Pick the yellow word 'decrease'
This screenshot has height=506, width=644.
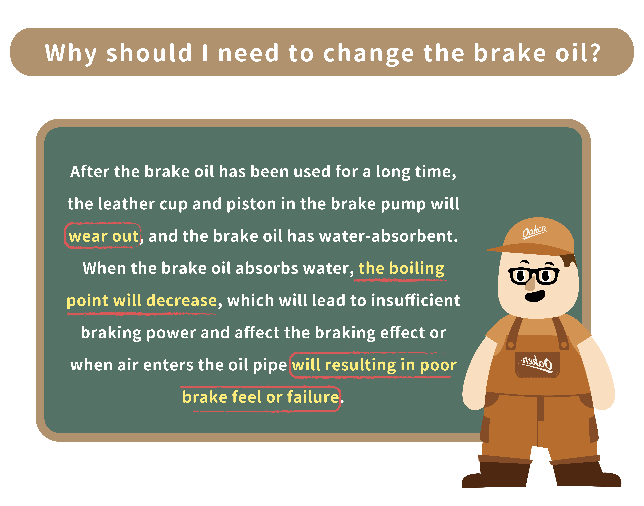(x=182, y=300)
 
